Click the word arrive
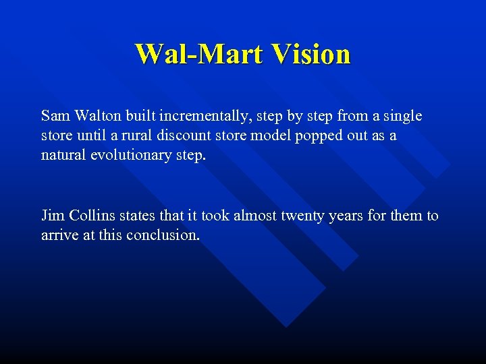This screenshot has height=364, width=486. (x=60, y=236)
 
